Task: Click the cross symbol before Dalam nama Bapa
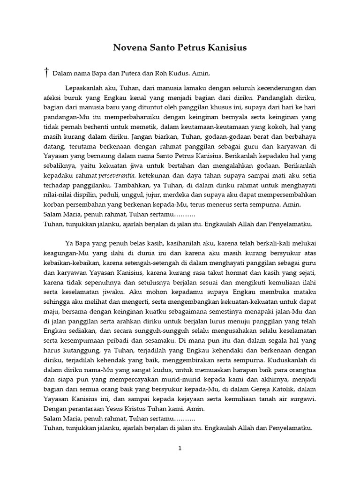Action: tap(46, 72)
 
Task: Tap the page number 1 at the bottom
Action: tap(180, 449)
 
